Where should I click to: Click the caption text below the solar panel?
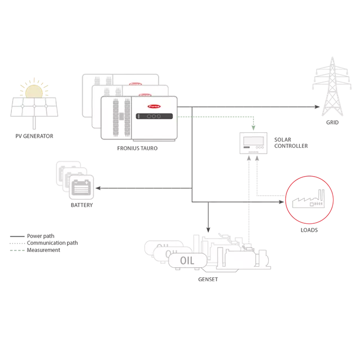click(x=33, y=135)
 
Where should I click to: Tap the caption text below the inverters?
click(x=137, y=149)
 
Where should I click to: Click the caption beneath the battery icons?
click(x=81, y=208)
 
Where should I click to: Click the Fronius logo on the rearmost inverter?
click(x=134, y=83)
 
